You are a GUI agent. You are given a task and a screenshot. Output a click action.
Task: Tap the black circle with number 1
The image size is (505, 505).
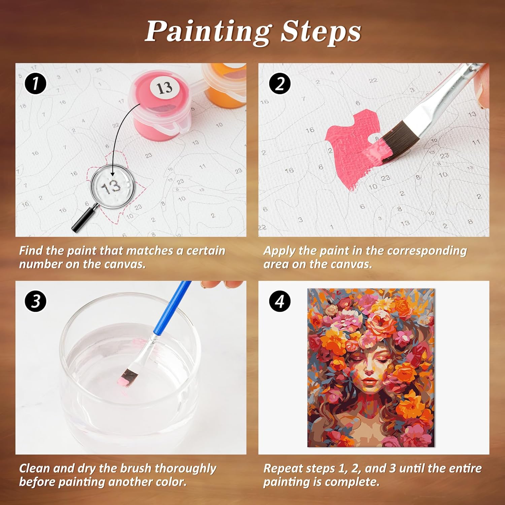click(x=35, y=84)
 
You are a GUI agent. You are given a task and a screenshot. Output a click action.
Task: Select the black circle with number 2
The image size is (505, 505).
click(x=280, y=84)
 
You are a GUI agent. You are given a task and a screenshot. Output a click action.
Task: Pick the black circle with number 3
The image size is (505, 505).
click(x=35, y=301)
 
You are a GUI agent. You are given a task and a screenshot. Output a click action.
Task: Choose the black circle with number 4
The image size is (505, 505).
click(x=280, y=301)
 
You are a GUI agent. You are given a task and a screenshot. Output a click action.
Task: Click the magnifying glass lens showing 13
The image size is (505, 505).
click(x=112, y=186)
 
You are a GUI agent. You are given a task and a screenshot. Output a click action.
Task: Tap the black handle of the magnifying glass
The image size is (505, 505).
click(x=83, y=219)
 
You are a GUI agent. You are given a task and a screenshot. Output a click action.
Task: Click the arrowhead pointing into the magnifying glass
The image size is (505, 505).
click(x=112, y=173)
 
